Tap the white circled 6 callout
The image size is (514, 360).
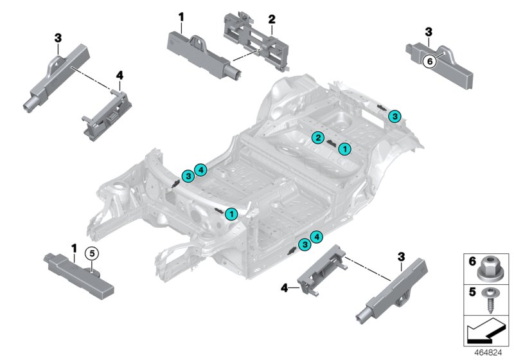click(x=431, y=61)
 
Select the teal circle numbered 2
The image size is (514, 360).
click(x=317, y=137)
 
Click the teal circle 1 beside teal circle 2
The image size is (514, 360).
click(x=345, y=148)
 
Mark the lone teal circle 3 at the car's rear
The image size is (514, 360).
click(x=395, y=115)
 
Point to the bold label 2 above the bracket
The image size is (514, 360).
click(x=272, y=21)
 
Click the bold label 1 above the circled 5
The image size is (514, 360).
click(x=74, y=247)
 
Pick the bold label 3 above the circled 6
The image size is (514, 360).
click(x=429, y=30)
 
